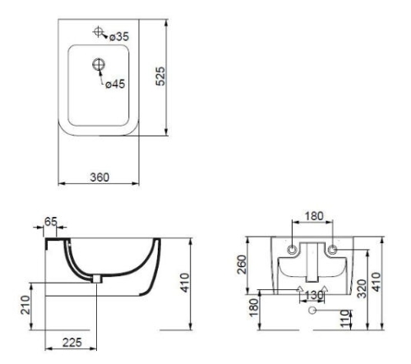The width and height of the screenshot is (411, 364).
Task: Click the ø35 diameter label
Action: click(x=119, y=37)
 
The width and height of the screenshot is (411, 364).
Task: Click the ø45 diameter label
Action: click(x=115, y=84)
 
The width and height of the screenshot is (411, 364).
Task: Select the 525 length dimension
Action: click(x=160, y=76)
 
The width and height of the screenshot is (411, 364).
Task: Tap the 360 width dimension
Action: click(x=99, y=177)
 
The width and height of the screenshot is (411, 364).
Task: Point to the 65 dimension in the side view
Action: click(x=51, y=222)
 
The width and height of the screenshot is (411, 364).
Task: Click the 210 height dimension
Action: click(x=25, y=305)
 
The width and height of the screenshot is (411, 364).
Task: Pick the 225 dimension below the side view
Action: click(x=72, y=343)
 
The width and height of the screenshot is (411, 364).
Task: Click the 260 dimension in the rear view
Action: click(x=242, y=265)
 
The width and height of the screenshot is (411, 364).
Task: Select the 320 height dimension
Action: click(x=362, y=288)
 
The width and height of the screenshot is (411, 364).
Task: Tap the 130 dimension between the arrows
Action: click(x=314, y=295)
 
